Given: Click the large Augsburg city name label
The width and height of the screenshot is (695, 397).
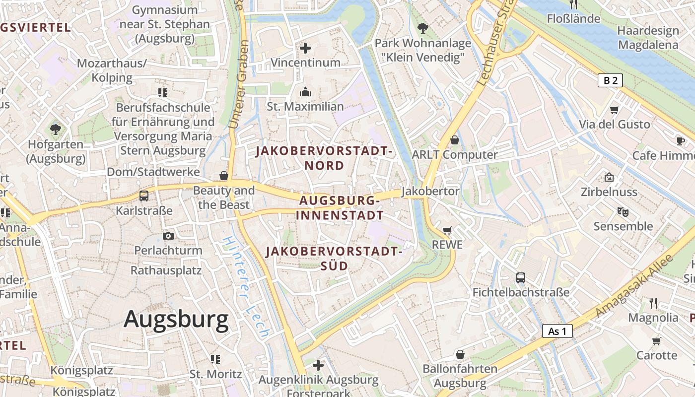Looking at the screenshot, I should pyautogui.click(x=176, y=319).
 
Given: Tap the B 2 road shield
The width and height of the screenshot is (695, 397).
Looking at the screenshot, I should pyautogui.click(x=610, y=80).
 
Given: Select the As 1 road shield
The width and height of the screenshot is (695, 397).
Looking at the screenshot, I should pyautogui.click(x=557, y=331).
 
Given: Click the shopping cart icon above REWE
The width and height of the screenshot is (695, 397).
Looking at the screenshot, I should pyautogui.click(x=447, y=230).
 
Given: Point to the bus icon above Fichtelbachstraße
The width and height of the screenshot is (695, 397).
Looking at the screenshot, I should pyautogui.click(x=520, y=278).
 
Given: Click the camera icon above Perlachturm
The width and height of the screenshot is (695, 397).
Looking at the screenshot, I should pyautogui.click(x=168, y=236).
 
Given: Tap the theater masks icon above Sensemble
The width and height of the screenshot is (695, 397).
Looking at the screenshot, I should pyautogui.click(x=623, y=212).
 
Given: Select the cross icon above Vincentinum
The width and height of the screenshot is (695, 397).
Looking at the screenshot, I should pyautogui.click(x=305, y=48).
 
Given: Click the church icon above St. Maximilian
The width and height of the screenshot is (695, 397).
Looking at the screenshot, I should pyautogui.click(x=305, y=92).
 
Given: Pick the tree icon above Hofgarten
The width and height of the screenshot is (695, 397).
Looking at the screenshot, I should pyautogui.click(x=56, y=130).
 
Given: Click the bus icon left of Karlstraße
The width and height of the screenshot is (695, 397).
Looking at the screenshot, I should pyautogui.click(x=143, y=196).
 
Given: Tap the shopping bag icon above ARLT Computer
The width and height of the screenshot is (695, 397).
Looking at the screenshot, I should pyautogui.click(x=454, y=140).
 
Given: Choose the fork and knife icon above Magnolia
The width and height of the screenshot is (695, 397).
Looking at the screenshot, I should pyautogui.click(x=653, y=303).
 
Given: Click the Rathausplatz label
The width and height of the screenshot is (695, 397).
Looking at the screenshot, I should pyautogui.click(x=166, y=270).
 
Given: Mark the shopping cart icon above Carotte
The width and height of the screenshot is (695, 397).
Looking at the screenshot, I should pyautogui.click(x=656, y=341).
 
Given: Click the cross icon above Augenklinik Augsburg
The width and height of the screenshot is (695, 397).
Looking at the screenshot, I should pyautogui.click(x=318, y=366).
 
